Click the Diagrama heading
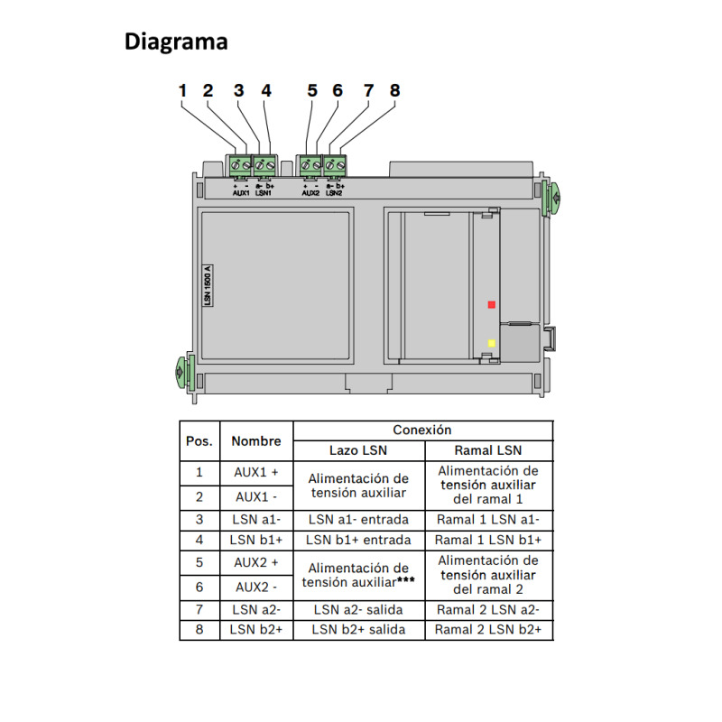click(x=175, y=42)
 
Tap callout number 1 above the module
click(x=182, y=91)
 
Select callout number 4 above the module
click(x=265, y=91)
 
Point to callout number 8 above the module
click(x=394, y=91)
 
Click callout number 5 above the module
click(x=312, y=91)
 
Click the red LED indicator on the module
click(x=491, y=305)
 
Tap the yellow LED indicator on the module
click(x=491, y=344)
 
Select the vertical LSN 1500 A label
click(x=207, y=288)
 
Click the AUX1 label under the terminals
click(x=241, y=192)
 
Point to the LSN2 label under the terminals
click(x=335, y=192)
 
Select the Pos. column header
click(x=199, y=441)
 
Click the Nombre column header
click(x=256, y=441)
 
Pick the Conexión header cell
click(x=422, y=430)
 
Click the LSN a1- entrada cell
click(x=358, y=519)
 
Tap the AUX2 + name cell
click(x=256, y=561)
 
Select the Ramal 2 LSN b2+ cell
click(x=488, y=629)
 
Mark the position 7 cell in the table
click(x=199, y=608)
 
